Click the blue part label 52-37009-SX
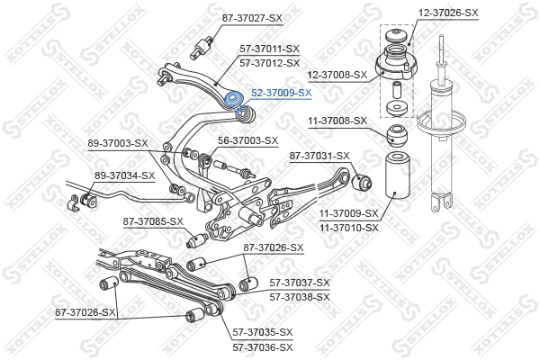click(x=281, y=93)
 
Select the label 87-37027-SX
click(x=252, y=18)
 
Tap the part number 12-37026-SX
click(x=448, y=13)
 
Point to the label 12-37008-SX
click(x=337, y=75)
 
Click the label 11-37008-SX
click(x=337, y=121)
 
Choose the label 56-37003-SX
click(x=248, y=140)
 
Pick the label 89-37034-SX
click(x=125, y=175)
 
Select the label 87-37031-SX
click(x=319, y=156)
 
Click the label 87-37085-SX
click(x=153, y=221)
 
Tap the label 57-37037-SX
click(x=300, y=283)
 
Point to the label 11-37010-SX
click(x=349, y=228)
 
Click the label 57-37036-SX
click(x=263, y=347)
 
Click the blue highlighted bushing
click(x=233, y=99)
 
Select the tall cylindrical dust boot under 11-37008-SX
click(x=396, y=175)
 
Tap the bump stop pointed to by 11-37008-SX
click(x=397, y=136)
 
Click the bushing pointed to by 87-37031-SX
click(x=363, y=182)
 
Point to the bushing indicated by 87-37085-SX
click(x=196, y=240)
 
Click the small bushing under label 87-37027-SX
click(x=202, y=49)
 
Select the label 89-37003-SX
click(x=118, y=143)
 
